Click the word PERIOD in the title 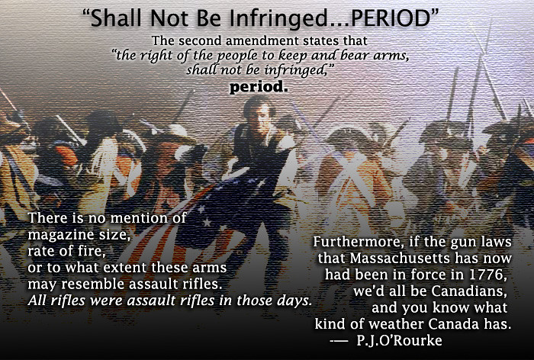click(391, 18)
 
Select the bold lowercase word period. click(259, 87)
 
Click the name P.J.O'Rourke click(399, 341)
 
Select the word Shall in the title click(117, 18)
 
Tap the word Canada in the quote click(454, 324)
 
